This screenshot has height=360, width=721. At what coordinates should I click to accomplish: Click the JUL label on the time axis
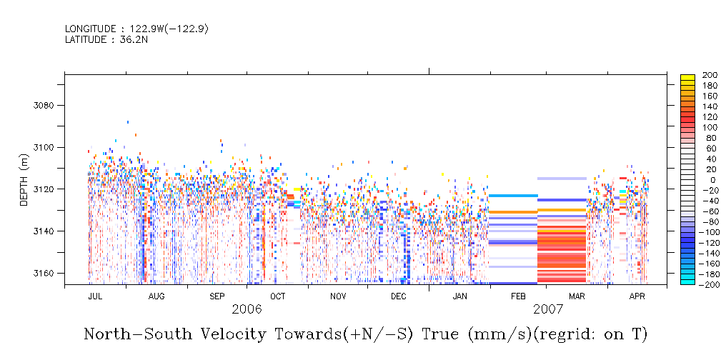coord(94,296)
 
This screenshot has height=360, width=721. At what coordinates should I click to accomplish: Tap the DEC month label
coord(398,296)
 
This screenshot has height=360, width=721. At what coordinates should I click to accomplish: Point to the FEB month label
coord(518,296)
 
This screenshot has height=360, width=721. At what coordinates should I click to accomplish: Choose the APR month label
coord(637,296)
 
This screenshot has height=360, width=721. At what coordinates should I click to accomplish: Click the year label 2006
coord(247,309)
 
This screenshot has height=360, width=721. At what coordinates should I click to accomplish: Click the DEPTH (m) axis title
coord(24,182)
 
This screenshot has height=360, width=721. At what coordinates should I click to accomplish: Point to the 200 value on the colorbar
coord(710,74)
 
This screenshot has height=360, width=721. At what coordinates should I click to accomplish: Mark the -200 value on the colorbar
coord(708,284)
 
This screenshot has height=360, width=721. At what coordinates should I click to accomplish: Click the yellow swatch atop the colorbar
coord(687,76)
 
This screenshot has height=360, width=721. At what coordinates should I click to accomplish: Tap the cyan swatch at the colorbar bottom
coord(687,281)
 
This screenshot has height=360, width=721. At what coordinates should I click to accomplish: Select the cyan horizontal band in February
coord(513,196)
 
